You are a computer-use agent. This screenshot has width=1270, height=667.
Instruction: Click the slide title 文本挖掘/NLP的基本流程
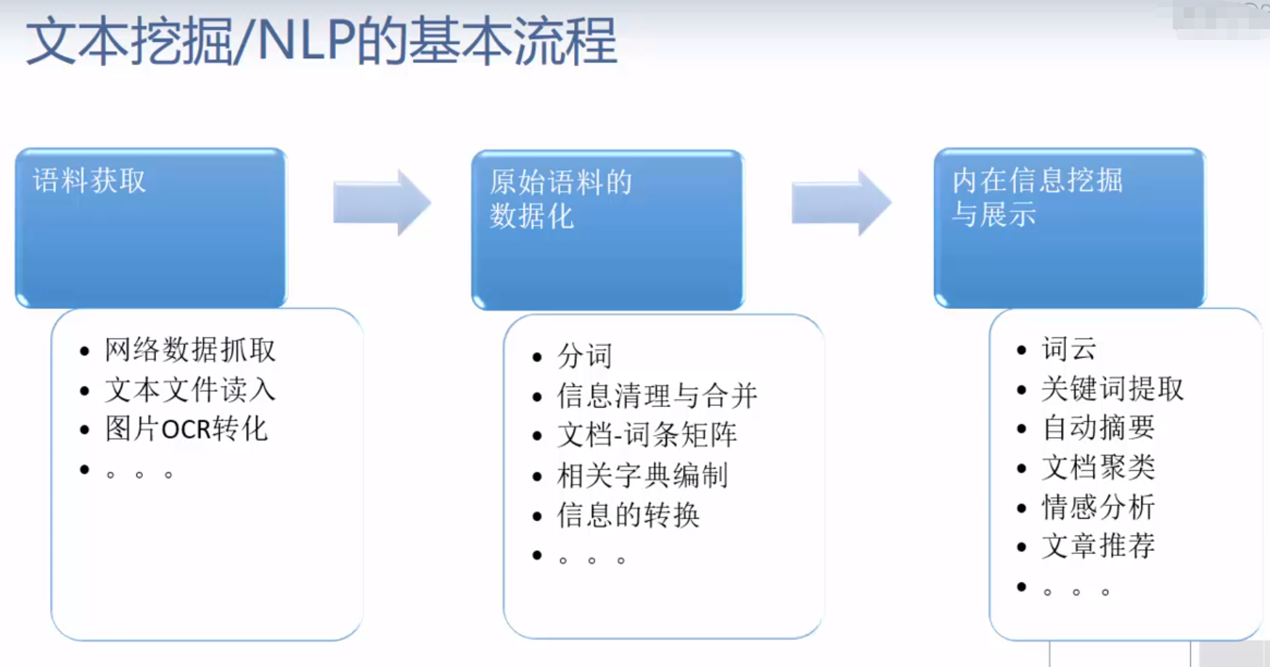point(321,41)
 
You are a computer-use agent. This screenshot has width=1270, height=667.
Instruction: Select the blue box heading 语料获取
point(89,181)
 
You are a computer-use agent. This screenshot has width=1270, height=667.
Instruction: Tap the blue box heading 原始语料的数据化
point(560,199)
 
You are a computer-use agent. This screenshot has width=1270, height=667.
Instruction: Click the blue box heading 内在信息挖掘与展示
point(1037,197)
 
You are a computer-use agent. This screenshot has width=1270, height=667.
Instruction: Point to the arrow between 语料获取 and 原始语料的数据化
point(382,202)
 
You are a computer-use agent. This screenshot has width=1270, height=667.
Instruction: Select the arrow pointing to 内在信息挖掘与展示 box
point(840,202)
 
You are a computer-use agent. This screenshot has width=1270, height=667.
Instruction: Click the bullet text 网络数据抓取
point(190,350)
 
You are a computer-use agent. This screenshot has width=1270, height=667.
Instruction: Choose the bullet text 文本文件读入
point(190,390)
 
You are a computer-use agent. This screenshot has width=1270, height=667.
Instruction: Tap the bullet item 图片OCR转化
point(187,429)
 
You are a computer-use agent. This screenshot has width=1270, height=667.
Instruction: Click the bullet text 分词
point(585,356)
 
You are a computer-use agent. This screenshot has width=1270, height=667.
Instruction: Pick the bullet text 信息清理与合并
point(657,396)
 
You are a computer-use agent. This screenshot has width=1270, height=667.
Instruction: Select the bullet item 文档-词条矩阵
point(647,435)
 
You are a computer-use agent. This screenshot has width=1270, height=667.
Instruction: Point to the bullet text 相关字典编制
point(642,475)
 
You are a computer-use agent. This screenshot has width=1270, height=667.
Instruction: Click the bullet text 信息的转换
point(628,515)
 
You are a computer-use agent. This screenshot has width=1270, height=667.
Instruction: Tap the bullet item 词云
point(1069,349)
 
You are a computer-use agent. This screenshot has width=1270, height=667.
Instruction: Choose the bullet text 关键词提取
point(1113,389)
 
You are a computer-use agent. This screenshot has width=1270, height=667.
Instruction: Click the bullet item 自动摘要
point(1098,428)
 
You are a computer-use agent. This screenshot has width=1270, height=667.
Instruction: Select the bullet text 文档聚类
point(1098,467)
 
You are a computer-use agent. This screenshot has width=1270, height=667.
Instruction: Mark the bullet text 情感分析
point(1098,507)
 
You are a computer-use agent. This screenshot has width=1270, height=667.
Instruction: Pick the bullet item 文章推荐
point(1098,546)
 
